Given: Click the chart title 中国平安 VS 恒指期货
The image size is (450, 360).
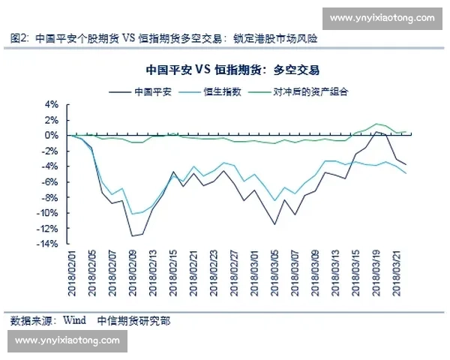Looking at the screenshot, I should click(x=233, y=70).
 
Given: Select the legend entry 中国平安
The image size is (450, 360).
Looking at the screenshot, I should click(x=153, y=91).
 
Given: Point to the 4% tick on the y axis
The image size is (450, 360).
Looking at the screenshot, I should click(x=52, y=104).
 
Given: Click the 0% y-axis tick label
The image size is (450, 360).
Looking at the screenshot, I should click(x=52, y=135).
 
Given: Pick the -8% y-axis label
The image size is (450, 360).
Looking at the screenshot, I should click(x=49, y=197).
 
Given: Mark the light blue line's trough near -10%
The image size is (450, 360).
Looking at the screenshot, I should click(x=133, y=214).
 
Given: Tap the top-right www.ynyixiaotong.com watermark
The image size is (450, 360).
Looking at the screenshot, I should click(x=382, y=17).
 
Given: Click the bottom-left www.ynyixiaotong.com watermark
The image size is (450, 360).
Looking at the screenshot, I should click(x=67, y=340).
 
